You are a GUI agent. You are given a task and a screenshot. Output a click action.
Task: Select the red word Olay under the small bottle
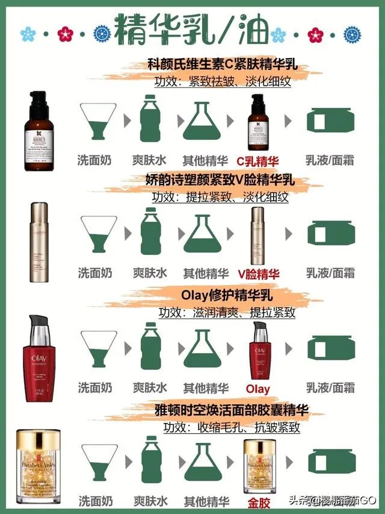pyautogui.click(x=258, y=389)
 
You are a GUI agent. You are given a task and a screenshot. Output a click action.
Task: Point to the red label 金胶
pyautogui.click(x=258, y=501)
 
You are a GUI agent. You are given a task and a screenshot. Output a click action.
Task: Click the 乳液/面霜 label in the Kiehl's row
pyautogui.click(x=330, y=161)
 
